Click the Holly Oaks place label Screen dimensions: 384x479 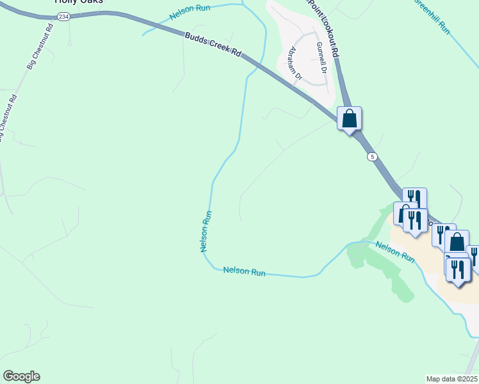(x=79, y=2)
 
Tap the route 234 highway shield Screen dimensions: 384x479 (x=63, y=17)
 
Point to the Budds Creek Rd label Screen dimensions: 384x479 (x=213, y=45)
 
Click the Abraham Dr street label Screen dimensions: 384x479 (x=295, y=63)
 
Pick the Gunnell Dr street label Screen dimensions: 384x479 (x=321, y=57)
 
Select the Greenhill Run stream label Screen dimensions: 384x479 (x=434, y=15)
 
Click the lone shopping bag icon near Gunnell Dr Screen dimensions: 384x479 (x=349, y=118)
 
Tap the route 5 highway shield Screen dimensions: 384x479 (x=371, y=157)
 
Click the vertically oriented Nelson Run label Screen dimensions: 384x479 (x=206, y=231)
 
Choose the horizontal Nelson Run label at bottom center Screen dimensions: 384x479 (x=244, y=271)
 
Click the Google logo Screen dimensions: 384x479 (x=21, y=376)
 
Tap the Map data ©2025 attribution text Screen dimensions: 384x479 (x=451, y=379)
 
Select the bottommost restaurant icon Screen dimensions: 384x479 (x=459, y=269)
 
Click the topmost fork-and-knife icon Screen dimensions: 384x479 (x=414, y=198)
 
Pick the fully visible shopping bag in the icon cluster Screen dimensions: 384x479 (x=457, y=243)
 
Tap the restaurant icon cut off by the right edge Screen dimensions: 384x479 (x=474, y=257)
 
